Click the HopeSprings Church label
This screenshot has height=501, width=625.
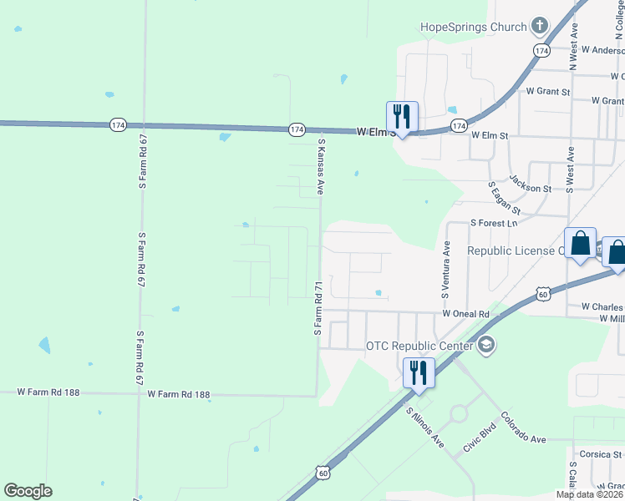tap(472, 27)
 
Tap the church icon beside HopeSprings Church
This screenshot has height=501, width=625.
tap(539, 27)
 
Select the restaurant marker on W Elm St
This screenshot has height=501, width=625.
tap(402, 117)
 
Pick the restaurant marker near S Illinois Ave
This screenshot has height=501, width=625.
tap(419, 372)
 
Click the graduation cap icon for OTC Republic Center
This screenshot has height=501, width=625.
tap(486, 345)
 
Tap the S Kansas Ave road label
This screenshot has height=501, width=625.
tap(320, 167)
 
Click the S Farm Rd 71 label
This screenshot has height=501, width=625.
tap(318, 309)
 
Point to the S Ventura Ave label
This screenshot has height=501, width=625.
tap(446, 272)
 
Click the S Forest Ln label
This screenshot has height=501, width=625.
tap(495, 224)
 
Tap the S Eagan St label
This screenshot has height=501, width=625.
tap(505, 198)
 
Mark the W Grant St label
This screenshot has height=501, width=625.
tap(547, 91)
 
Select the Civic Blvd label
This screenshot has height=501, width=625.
tap(480, 442)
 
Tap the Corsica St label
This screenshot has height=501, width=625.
tap(598, 455)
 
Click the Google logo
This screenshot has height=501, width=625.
tap(28, 491)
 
